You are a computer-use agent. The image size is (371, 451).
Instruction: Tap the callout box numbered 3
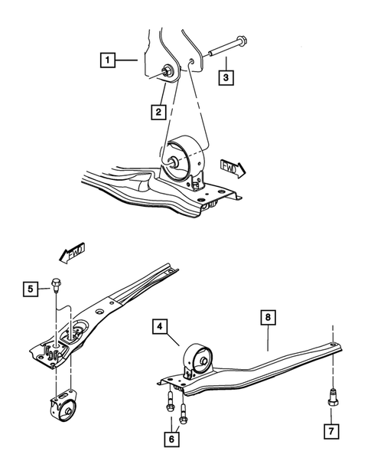pyautogui.click(x=226, y=77)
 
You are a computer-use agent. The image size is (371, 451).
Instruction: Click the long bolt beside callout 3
pyautogui.click(x=222, y=46)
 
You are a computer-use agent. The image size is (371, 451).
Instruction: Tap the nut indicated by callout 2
pyautogui.click(x=165, y=72)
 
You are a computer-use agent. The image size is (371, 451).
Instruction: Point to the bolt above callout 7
pyautogui.click(x=333, y=399)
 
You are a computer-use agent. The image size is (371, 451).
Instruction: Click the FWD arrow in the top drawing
pyautogui.click(x=232, y=167)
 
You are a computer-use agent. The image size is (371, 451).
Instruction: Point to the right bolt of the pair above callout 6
pyautogui.click(x=183, y=414)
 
